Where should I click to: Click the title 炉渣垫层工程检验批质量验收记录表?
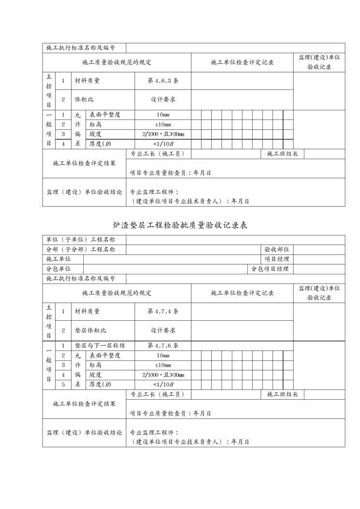tap(180, 225)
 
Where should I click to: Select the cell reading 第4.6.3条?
tap(163, 81)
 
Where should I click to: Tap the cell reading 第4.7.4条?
tap(163, 311)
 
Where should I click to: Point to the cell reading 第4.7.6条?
tap(163, 346)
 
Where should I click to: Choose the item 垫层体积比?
tap(90, 330)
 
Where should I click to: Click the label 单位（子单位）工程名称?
tap(80, 240)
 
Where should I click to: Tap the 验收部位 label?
tap(277, 250)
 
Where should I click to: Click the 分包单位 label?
tap(59, 269)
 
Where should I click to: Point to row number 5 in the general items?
tap(63, 385)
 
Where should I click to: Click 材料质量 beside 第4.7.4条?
tap(87, 311)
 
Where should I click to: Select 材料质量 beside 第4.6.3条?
tap(87, 81)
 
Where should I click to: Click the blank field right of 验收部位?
tap(319, 250)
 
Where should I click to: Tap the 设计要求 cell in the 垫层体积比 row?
tap(163, 330)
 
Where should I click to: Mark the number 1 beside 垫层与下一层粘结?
tap(63, 346)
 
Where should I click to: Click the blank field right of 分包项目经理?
tap(319, 269)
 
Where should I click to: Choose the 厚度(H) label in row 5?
tap(101, 385)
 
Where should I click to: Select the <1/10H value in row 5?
tap(163, 385)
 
